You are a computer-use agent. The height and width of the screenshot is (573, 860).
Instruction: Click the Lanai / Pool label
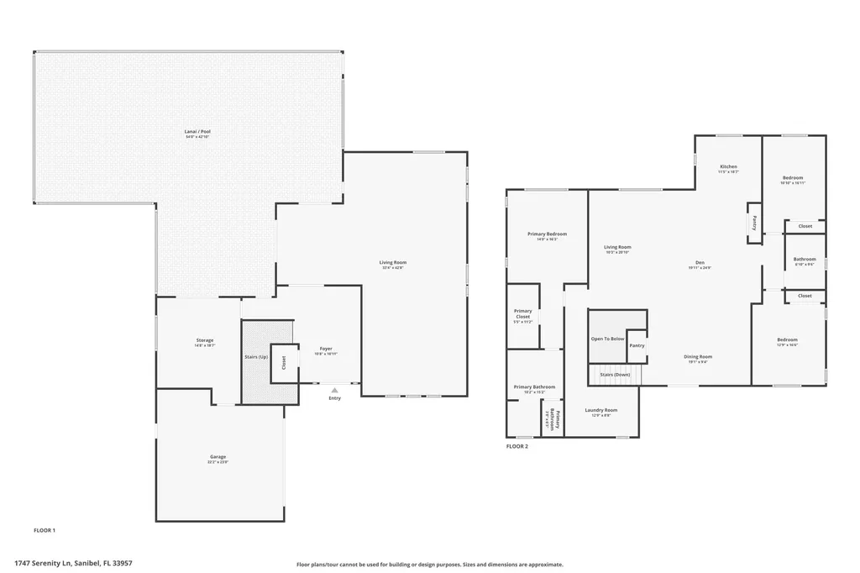click(197, 132)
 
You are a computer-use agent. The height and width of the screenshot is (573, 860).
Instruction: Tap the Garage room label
click(218, 458)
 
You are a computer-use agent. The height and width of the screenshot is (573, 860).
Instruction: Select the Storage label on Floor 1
click(205, 340)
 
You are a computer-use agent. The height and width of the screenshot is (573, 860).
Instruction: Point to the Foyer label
click(326, 349)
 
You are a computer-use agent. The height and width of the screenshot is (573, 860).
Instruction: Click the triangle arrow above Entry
click(334, 390)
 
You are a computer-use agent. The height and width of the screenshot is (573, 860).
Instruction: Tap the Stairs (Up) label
click(256, 357)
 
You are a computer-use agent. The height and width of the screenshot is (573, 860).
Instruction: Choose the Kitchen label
click(728, 166)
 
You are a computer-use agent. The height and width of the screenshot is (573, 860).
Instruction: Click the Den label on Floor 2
click(699, 262)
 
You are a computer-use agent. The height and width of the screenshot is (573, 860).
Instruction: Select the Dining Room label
click(698, 356)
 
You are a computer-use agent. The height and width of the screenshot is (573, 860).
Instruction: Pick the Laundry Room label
click(600, 410)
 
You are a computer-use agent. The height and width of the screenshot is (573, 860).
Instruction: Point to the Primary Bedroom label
click(547, 234)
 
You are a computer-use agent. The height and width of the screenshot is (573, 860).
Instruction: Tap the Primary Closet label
click(522, 314)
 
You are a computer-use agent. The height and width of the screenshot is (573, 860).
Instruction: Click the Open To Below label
click(607, 339)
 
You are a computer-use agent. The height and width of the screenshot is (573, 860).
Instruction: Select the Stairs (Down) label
click(616, 374)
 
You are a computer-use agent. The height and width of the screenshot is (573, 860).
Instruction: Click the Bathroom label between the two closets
click(805, 259)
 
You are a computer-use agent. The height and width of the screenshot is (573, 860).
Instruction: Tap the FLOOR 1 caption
click(44, 530)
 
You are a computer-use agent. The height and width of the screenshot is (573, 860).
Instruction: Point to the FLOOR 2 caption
click(517, 446)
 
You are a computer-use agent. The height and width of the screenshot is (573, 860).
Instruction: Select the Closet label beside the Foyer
click(284, 362)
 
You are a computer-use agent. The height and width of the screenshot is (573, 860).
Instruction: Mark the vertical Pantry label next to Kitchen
click(754, 223)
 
